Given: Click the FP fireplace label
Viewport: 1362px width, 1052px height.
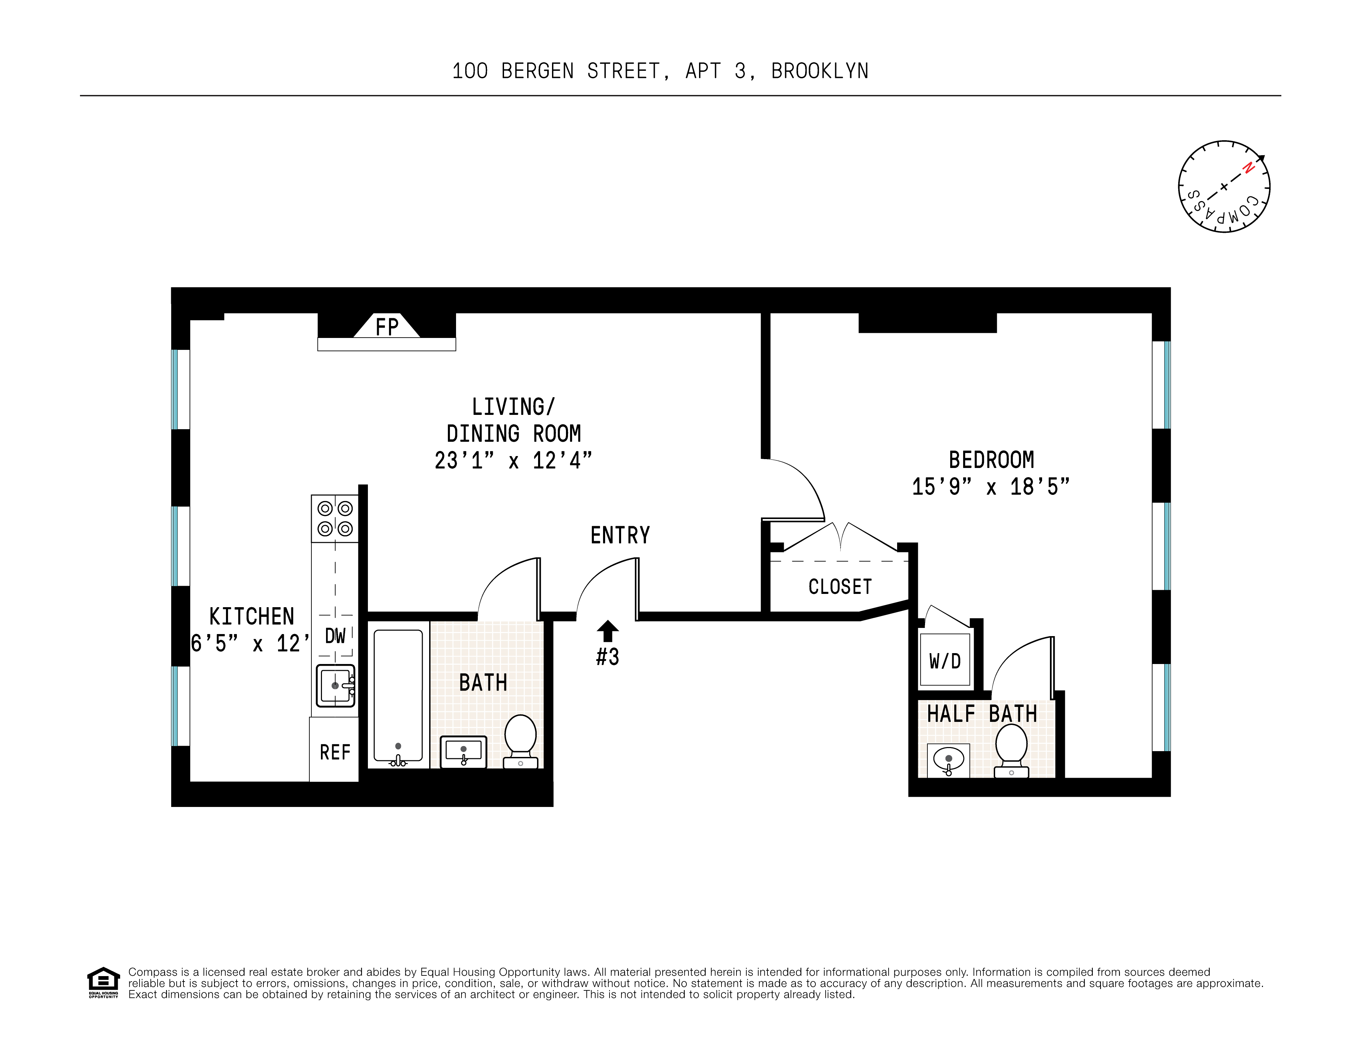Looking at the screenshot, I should tap(387, 327).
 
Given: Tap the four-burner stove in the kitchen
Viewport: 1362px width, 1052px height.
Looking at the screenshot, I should tap(335, 518).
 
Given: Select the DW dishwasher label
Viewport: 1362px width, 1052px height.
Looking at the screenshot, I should tap(335, 636).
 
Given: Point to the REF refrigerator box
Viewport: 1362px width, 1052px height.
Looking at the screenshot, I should tap(335, 752).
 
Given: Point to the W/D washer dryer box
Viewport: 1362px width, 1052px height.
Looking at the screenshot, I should tap(945, 661).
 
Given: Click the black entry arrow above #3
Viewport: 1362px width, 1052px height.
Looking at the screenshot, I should tap(607, 630).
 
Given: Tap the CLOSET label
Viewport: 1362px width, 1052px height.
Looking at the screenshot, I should tap(840, 587).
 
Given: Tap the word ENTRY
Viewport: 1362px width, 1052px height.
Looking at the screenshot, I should tap(620, 535).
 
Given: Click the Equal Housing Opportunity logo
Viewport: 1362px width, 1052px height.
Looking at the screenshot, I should tap(103, 982).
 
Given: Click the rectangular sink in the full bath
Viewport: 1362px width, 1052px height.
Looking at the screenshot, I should tap(463, 751).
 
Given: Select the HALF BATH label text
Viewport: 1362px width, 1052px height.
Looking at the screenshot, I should tap(982, 713).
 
